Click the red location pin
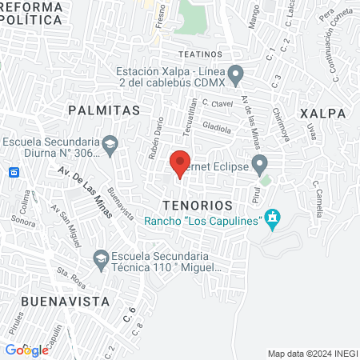coord(180,163)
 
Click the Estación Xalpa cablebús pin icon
coord(235,75)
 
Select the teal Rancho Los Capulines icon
coord(273,218)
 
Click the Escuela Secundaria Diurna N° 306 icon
coord(111,145)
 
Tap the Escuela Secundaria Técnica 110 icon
coord(101,258)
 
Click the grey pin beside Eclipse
coord(259,166)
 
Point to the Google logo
coord(27,350)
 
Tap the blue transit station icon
coord(14,172)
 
